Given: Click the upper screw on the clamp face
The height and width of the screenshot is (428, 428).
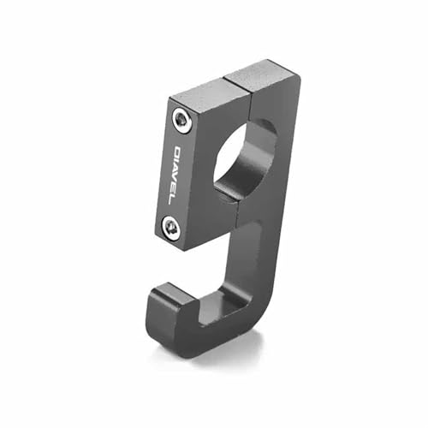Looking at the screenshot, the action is click(x=181, y=120).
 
